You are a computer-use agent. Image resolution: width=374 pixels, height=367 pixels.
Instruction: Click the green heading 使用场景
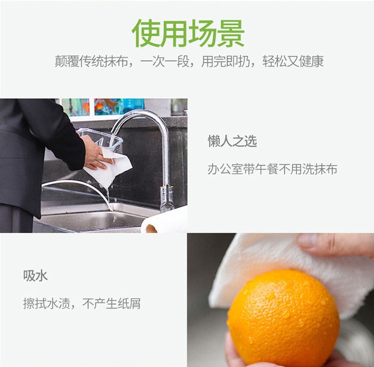(x=188, y=33)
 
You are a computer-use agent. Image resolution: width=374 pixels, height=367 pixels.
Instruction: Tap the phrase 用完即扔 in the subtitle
(x=225, y=61)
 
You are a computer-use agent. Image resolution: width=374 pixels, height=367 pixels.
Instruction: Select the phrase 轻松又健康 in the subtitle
(x=293, y=61)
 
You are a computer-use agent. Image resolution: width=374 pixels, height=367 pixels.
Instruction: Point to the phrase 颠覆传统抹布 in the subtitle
(x=91, y=61)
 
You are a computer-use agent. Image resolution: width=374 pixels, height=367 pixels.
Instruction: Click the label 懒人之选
(x=232, y=141)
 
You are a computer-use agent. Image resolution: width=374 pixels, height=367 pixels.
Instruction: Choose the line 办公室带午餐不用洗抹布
(x=272, y=169)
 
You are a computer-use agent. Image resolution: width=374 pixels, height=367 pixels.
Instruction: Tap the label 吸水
(x=35, y=276)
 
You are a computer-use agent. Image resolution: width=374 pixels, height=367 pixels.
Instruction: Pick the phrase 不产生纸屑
(x=111, y=303)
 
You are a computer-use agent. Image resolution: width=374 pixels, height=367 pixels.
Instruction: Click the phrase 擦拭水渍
(x=46, y=303)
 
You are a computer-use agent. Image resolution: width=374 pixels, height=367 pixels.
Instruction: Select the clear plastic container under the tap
(x=100, y=139)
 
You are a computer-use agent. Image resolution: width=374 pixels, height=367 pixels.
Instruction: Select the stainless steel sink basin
(x=93, y=219)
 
